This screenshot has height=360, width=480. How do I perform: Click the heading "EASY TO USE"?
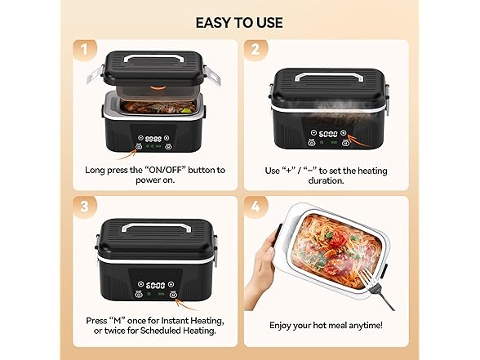(239, 21)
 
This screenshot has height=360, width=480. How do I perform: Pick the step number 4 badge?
(254, 204)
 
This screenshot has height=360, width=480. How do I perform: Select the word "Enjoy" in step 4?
(282, 326)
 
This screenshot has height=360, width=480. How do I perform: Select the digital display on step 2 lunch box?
(327, 134)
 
